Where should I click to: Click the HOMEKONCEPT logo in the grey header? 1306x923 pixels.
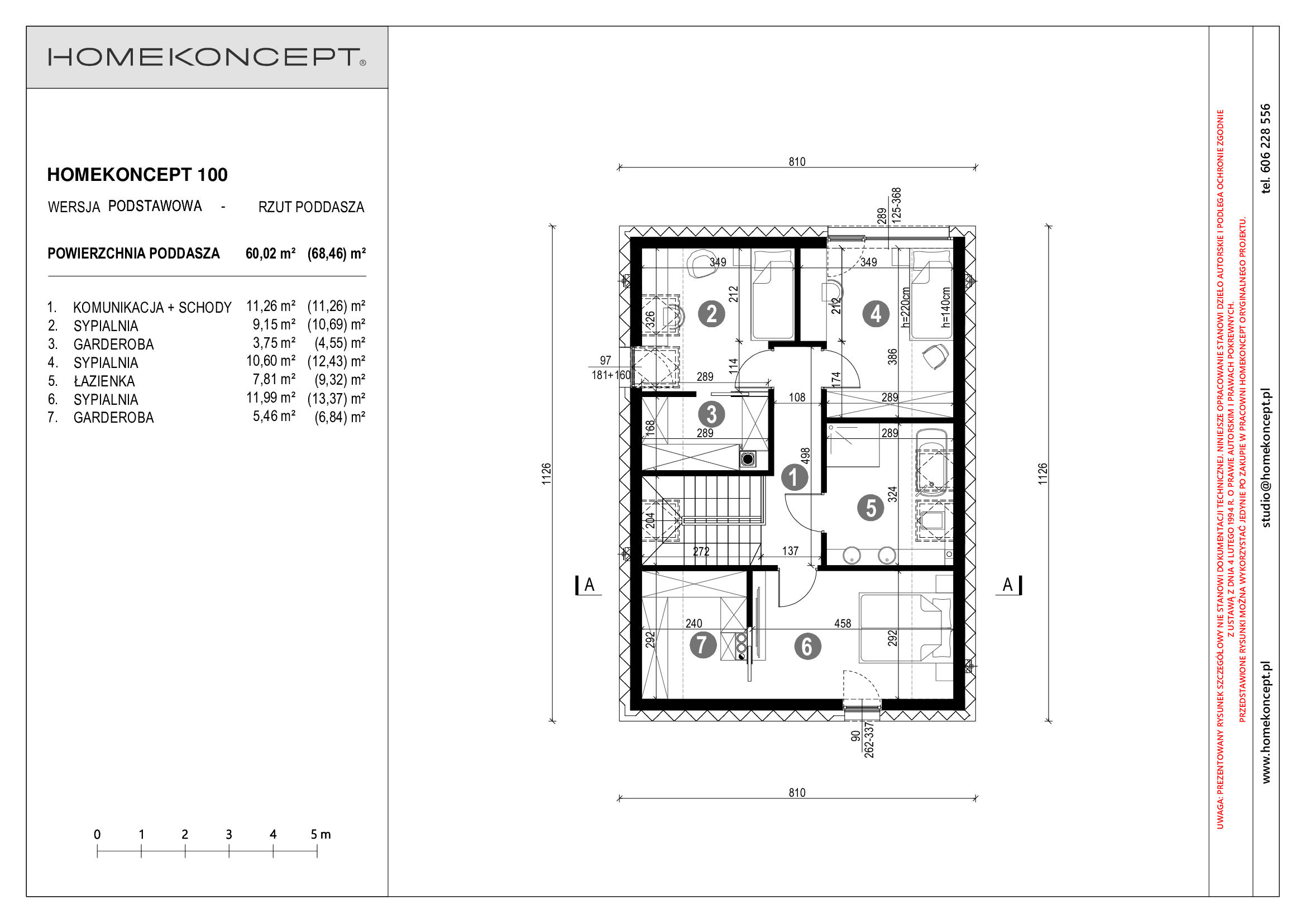(x=207, y=57)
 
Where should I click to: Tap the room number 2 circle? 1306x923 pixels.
(x=711, y=314)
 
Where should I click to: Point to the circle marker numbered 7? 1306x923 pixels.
(x=702, y=645)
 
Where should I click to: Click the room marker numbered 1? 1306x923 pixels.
(x=794, y=478)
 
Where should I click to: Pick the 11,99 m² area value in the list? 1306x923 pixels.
(x=271, y=398)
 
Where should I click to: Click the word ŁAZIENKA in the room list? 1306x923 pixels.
(x=104, y=381)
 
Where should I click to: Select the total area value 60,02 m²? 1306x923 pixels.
(x=271, y=254)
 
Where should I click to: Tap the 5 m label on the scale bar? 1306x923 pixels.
(x=320, y=834)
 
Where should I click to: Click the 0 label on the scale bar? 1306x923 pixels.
(x=97, y=834)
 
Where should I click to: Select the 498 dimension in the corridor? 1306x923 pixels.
(x=806, y=456)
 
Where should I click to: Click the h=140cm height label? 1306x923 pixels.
(x=945, y=307)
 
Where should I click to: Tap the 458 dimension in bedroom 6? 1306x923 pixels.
(x=843, y=623)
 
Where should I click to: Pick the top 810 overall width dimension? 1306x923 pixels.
(x=797, y=162)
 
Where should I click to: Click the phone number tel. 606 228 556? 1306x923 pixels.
(x=1266, y=149)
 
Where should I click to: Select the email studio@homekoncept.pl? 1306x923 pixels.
(x=1266, y=458)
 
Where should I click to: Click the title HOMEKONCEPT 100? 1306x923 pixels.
(x=137, y=175)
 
